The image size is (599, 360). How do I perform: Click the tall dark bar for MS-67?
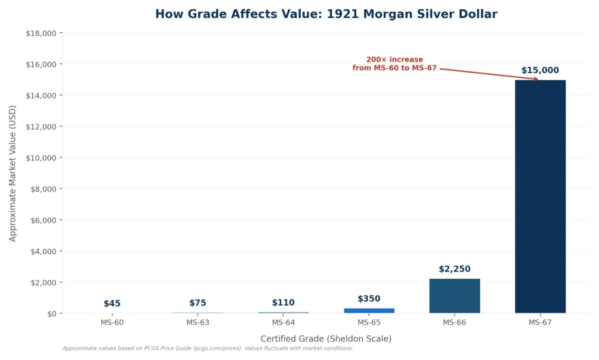[540, 196]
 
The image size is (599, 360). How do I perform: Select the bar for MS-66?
[455, 296]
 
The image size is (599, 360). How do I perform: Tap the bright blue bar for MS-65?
[369, 310]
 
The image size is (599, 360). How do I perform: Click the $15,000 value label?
[540, 71]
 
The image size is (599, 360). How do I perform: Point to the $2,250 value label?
[455, 269]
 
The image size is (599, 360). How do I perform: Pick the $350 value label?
[369, 299]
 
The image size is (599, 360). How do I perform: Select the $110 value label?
[283, 303]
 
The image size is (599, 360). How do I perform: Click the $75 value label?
[198, 303]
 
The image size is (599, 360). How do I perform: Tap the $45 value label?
[112, 303]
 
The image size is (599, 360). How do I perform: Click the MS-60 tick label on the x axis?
[112, 323]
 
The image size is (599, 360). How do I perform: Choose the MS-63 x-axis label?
[198, 323]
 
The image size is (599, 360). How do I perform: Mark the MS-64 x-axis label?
[283, 323]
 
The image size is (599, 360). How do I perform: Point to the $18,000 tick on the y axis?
[41, 33]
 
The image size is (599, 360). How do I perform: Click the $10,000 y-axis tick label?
[41, 158]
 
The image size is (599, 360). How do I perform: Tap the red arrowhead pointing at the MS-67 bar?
[535, 79]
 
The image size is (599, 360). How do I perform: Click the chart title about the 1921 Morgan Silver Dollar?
[326, 14]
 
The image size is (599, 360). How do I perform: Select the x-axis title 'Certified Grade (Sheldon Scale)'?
[326, 338]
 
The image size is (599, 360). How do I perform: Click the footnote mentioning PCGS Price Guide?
[208, 348]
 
